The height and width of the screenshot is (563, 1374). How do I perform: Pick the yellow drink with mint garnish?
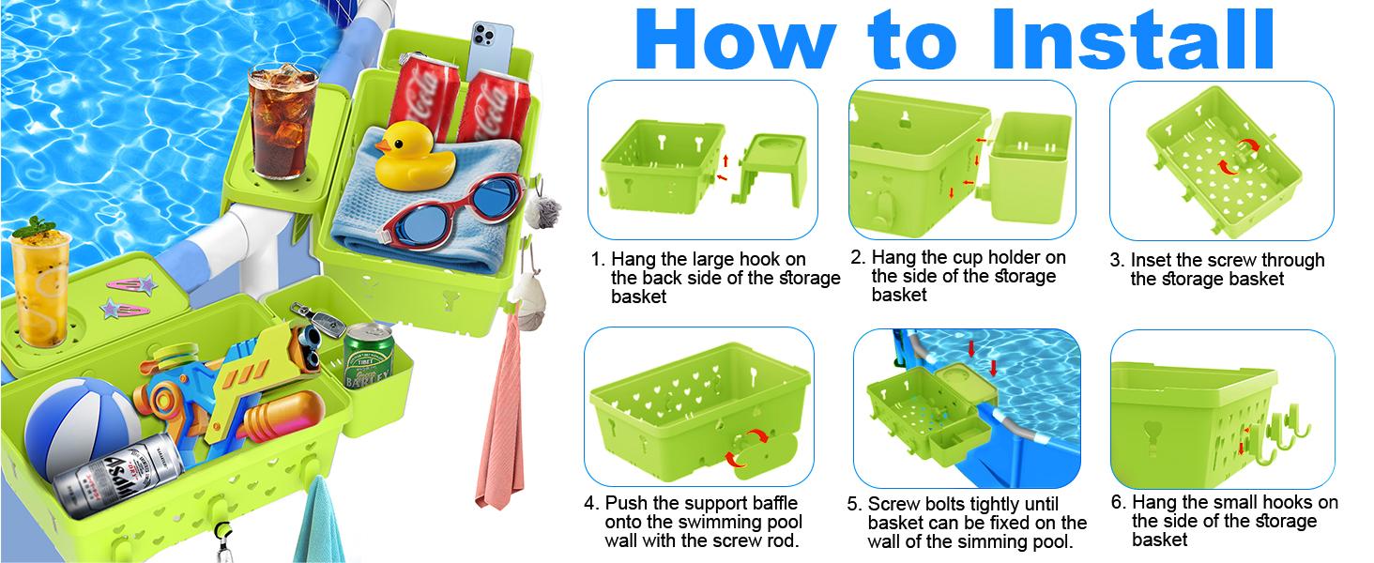point(41,281)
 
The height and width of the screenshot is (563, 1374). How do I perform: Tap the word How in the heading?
point(736,38)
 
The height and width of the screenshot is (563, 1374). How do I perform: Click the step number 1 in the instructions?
point(596,259)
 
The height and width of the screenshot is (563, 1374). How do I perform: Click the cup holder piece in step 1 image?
point(772,168)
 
